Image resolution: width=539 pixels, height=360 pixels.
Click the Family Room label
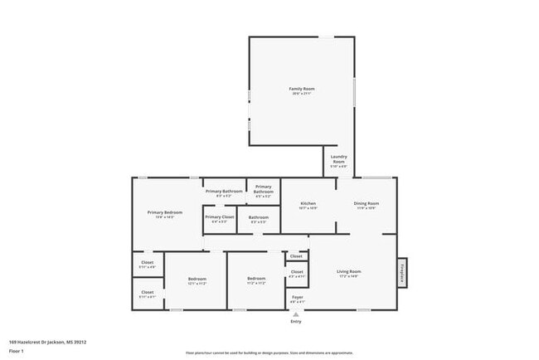[x=301, y=89]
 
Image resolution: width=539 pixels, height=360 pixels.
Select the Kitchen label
[x=308, y=203]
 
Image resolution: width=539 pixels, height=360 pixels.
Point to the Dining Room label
[x=367, y=203]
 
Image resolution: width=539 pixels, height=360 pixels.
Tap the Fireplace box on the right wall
[x=402, y=273]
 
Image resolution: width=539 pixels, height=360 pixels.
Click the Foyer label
[x=296, y=297]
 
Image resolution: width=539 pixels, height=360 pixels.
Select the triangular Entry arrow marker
[x=296, y=314]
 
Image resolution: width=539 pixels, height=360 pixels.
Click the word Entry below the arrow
[x=296, y=321]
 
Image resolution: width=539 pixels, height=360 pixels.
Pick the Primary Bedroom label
[x=165, y=213]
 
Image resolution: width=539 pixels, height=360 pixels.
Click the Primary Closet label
[x=220, y=217]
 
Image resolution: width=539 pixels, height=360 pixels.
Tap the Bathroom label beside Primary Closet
[x=258, y=217]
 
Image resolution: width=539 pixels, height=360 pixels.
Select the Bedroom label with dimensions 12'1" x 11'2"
[x=197, y=279]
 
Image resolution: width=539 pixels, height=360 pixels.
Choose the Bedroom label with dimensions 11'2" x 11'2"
[x=256, y=279]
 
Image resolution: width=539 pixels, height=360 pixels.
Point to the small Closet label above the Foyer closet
[x=296, y=256]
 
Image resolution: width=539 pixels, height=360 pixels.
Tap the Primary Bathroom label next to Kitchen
[x=264, y=189]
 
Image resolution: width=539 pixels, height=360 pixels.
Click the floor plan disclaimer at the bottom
[x=270, y=351]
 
